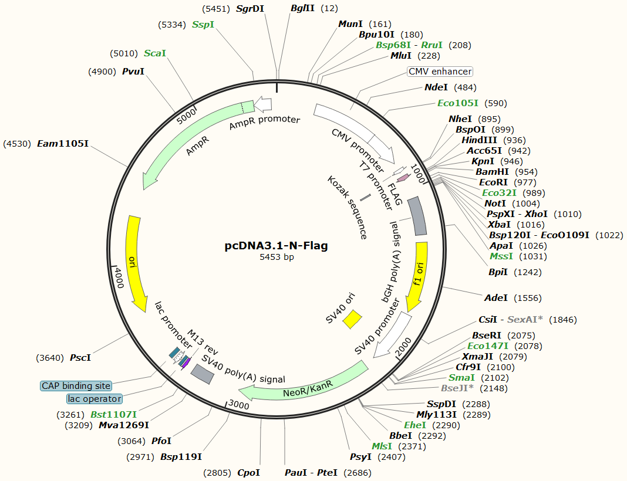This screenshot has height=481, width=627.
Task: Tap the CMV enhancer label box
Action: pyautogui.click(x=440, y=72)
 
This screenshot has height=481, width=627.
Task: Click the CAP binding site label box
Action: pyautogui.click(x=76, y=386)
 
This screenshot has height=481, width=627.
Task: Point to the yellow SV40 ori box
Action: pyautogui.click(x=352, y=319)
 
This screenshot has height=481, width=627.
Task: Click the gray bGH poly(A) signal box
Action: pyautogui.click(x=417, y=215)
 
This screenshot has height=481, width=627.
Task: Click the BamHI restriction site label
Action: pyautogui.click(x=492, y=172)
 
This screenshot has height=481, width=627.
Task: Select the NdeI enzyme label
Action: pyautogui.click(x=436, y=87)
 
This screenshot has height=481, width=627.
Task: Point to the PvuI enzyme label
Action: pyautogui.click(x=133, y=72)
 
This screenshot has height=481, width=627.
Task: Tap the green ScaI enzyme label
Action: pyautogui.click(x=155, y=53)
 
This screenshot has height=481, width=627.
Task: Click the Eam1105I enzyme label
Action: pyautogui.click(x=63, y=144)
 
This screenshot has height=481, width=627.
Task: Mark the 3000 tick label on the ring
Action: pyautogui.click(x=238, y=405)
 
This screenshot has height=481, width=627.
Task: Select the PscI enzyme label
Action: pyautogui.click(x=80, y=357)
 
